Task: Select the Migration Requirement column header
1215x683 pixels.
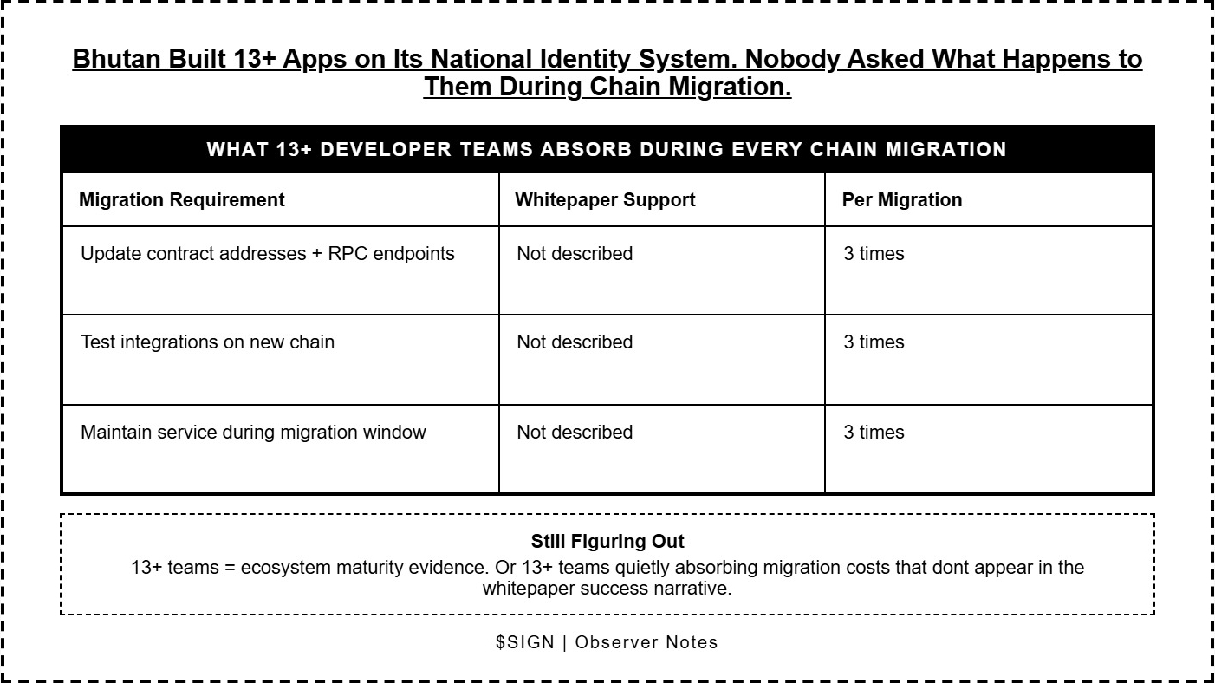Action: point(181,199)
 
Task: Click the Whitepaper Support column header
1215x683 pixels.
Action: point(605,199)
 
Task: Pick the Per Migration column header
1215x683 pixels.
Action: point(901,199)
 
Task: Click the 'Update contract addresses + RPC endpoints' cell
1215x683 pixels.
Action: point(267,254)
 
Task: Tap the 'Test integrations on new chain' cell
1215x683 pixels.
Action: point(207,342)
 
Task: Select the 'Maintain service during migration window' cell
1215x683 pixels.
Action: point(253,432)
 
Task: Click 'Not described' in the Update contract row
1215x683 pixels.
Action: point(575,254)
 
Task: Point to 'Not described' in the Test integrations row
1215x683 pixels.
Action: point(575,342)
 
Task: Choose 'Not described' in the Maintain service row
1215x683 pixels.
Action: point(575,432)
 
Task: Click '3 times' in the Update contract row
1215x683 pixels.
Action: point(874,254)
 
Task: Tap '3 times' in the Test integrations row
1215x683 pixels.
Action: point(874,342)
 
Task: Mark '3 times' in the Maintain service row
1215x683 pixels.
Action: point(874,432)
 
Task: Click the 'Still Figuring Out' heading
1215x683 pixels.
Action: point(607,542)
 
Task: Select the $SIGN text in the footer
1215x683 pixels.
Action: point(524,642)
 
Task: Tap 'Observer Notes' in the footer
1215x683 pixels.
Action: point(646,642)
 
